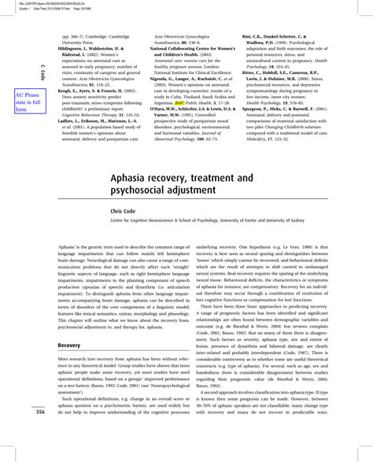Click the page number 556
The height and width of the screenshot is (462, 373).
tap(39, 412)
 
